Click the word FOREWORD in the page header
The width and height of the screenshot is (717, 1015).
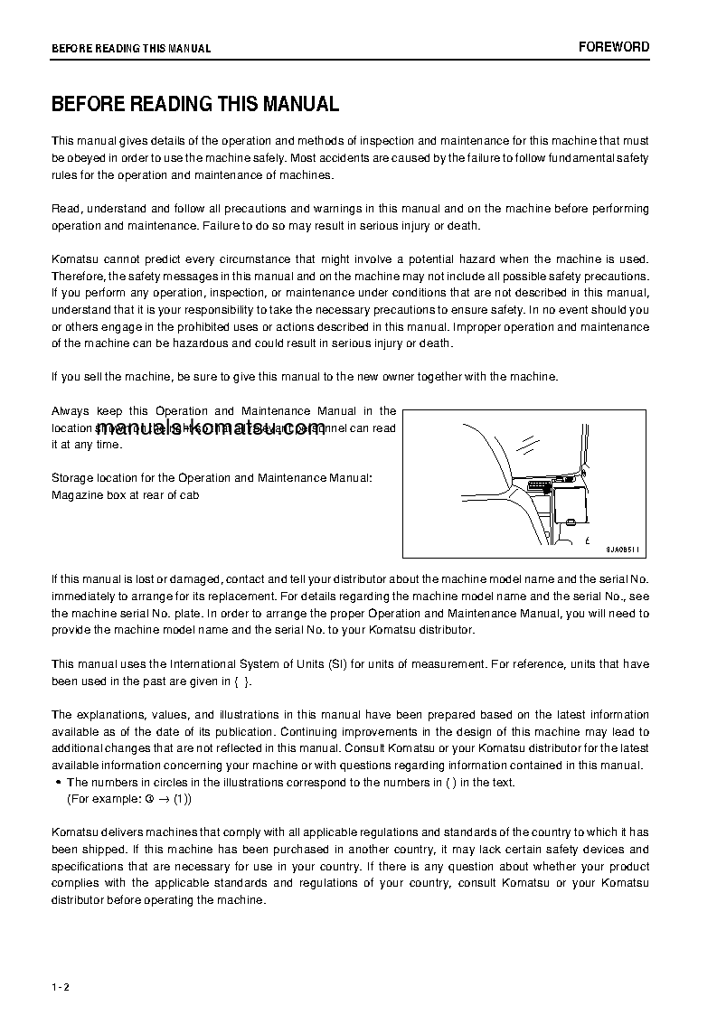[614, 47]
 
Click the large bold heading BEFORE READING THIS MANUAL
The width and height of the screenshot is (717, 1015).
[195, 104]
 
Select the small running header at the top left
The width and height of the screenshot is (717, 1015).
[131, 49]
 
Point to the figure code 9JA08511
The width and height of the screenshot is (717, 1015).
[623, 550]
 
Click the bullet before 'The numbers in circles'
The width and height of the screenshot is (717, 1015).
[58, 783]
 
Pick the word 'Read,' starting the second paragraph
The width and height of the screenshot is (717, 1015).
[67, 209]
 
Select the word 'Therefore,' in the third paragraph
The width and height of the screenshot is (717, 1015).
[79, 276]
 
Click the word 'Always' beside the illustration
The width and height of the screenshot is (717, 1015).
[71, 411]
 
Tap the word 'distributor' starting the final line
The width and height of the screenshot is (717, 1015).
[78, 900]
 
